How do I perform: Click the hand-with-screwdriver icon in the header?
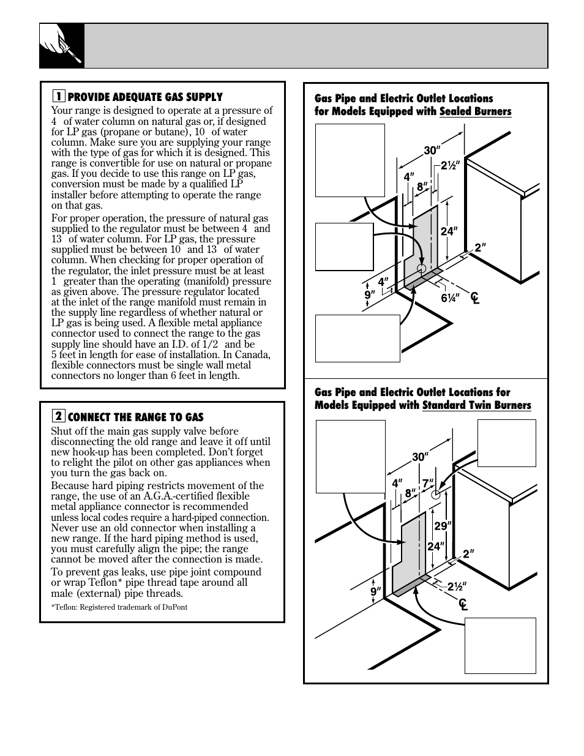pos(62,46)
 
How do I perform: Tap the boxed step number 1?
pos(58,97)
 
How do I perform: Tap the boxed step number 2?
pos(58,417)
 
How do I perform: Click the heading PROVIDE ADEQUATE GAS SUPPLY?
pos(145,97)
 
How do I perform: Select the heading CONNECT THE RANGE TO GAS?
pos(135,417)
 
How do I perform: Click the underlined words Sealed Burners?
pos(475,111)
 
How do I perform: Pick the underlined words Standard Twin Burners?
pos(476,405)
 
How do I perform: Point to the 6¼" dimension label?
pos(450,298)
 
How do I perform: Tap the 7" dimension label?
pos(427,483)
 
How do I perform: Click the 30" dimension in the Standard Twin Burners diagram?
pos(419,457)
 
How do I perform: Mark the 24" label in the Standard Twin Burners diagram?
pos(435,546)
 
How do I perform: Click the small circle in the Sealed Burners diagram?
pos(421,269)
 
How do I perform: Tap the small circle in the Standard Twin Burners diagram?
pos(436,493)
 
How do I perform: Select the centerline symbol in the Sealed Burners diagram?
pos(474,298)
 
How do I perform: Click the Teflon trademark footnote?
pos(119,607)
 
